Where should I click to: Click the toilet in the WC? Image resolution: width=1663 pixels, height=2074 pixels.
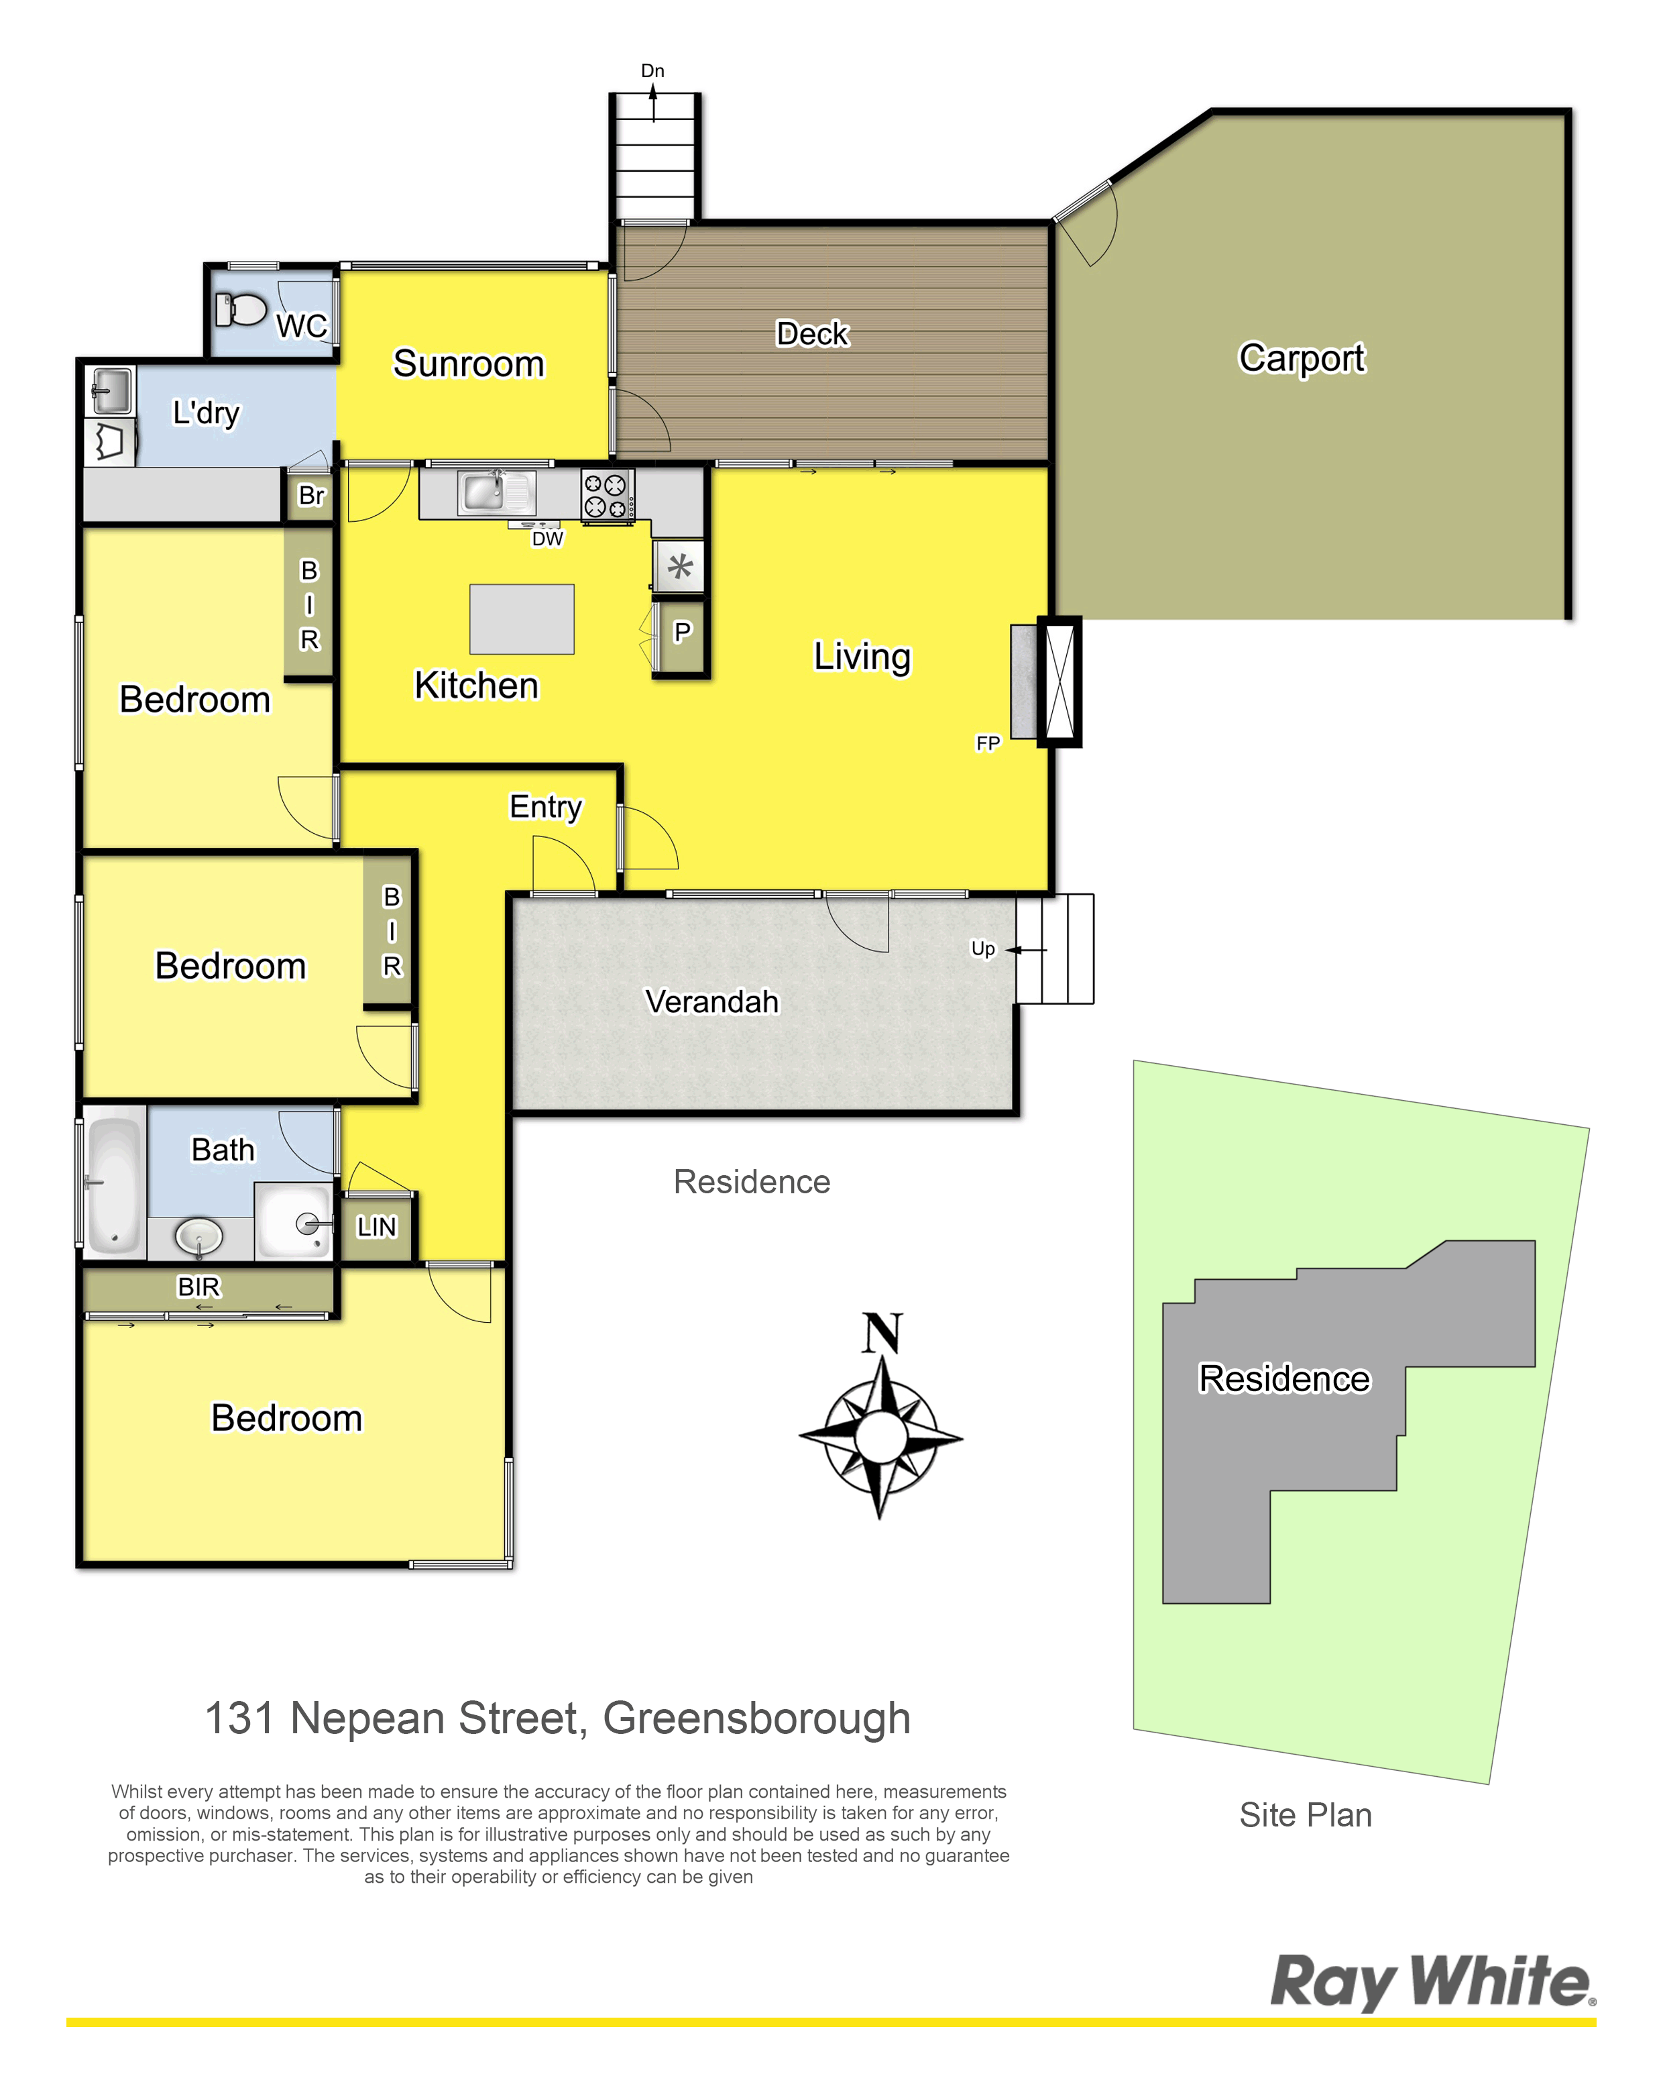coord(241,310)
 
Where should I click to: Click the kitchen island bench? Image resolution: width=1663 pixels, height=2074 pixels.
coord(521,618)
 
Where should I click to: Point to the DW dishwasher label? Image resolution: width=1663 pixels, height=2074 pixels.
coord(547,539)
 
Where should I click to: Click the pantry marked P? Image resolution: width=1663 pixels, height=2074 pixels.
coord(681,635)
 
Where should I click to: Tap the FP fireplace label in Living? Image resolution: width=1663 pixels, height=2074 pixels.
coord(988,743)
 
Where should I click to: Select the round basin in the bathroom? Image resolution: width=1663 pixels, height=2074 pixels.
coord(199,1236)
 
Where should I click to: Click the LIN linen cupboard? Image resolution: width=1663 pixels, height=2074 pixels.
coord(376,1227)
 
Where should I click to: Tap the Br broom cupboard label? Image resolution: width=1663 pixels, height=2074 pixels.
coord(310,496)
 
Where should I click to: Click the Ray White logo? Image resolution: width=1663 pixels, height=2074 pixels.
coord(1432,1981)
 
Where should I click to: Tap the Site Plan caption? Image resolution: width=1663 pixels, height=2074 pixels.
coord(1305,1815)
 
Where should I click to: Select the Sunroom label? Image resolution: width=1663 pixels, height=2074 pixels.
coord(469,364)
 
